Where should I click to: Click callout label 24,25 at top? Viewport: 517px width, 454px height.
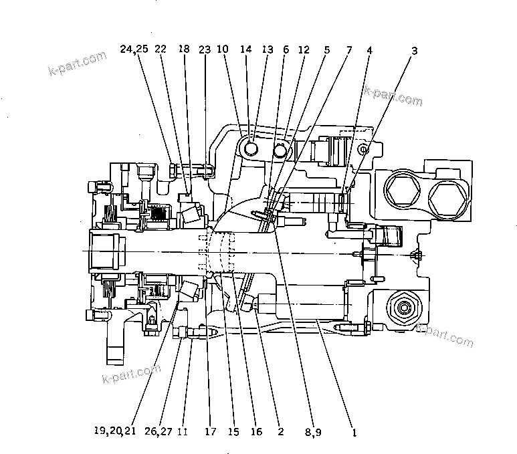[x=134, y=49]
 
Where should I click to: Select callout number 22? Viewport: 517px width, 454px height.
[x=161, y=49]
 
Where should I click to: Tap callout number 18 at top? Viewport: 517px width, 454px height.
[x=184, y=49]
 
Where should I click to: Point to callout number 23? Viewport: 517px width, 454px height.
[x=204, y=49]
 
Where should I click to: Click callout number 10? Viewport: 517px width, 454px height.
[x=223, y=49]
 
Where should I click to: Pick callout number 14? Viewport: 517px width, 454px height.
[x=246, y=49]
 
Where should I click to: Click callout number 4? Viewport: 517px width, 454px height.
[x=369, y=49]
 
